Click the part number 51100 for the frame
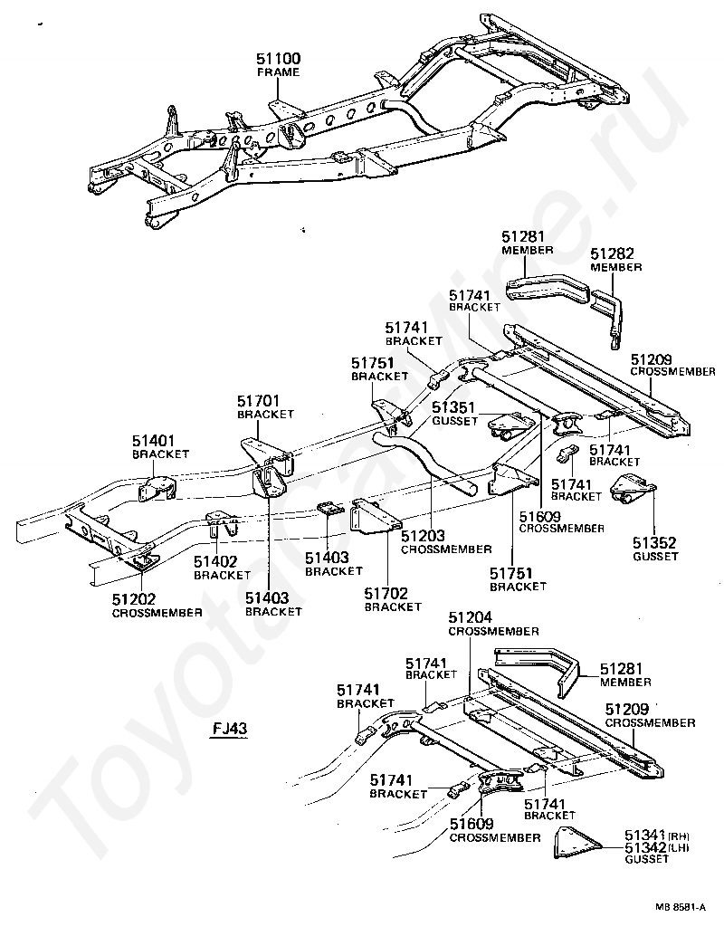(x=279, y=59)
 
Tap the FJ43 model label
(x=230, y=729)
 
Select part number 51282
(x=613, y=254)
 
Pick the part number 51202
(x=134, y=598)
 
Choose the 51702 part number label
(x=386, y=593)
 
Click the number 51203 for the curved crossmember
(x=424, y=536)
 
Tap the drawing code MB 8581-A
(x=681, y=907)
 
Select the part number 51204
(x=471, y=618)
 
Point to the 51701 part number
(x=259, y=400)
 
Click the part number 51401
(x=153, y=441)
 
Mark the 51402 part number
(x=215, y=562)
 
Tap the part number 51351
(x=453, y=407)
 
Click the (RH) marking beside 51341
(x=680, y=836)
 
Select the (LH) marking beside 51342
(x=679, y=847)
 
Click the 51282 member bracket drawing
(x=607, y=317)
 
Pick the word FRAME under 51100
(x=278, y=72)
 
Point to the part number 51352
(x=654, y=542)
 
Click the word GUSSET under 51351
(x=455, y=421)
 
